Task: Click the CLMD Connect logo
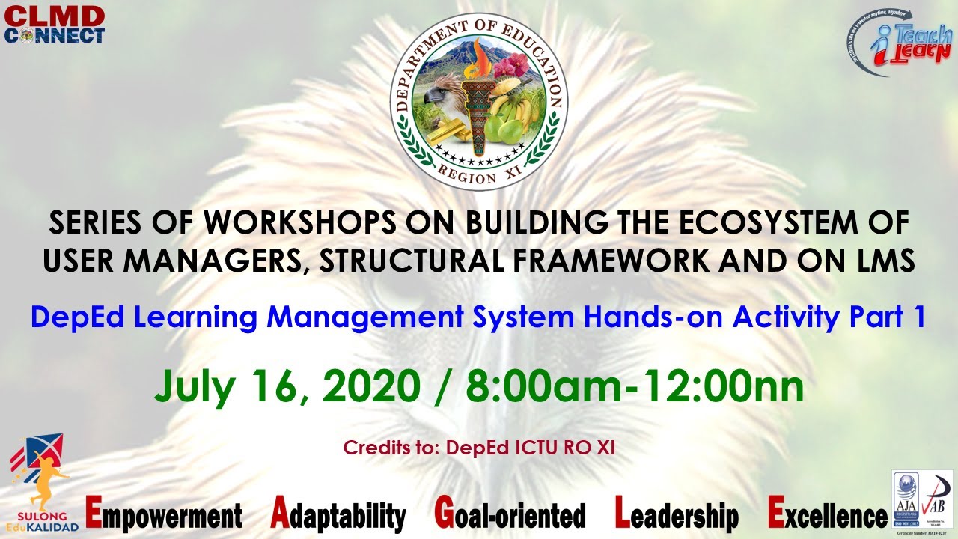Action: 54,25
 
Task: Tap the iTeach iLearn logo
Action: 899,44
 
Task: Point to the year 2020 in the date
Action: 371,387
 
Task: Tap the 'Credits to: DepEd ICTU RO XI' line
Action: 479,448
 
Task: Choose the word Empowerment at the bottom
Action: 164,515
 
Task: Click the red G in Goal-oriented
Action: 444,514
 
